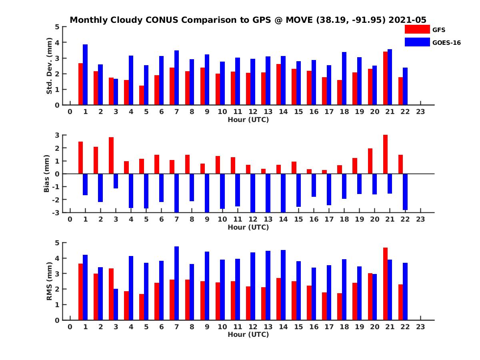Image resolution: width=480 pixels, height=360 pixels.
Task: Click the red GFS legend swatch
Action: (417, 29)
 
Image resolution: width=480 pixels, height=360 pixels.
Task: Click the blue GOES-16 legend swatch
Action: (417, 42)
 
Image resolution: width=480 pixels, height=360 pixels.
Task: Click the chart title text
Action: (248, 20)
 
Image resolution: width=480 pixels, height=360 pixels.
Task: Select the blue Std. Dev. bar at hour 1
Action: (85, 75)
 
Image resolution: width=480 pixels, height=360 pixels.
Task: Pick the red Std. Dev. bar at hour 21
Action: (386, 78)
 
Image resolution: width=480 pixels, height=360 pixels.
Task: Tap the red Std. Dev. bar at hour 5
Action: (142, 95)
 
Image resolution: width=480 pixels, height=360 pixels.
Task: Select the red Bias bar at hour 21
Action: (386, 154)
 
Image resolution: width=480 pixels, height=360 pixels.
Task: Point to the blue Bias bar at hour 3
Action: (116, 181)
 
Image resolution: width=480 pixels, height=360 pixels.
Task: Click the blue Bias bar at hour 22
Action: (405, 192)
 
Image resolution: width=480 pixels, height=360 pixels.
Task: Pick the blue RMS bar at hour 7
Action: (177, 283)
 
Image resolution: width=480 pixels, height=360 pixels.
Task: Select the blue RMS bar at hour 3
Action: (116, 304)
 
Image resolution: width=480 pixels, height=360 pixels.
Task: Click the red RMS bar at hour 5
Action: (142, 307)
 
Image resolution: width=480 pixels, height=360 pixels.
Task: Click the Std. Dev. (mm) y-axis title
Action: (50, 66)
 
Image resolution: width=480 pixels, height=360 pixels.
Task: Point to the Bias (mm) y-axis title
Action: (46, 174)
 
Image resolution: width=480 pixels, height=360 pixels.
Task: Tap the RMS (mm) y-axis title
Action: (50, 281)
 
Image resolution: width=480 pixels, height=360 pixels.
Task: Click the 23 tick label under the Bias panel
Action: (420, 219)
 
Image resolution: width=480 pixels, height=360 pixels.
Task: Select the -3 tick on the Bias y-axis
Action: (56, 212)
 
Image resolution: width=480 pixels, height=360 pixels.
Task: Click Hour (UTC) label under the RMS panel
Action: (248, 334)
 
